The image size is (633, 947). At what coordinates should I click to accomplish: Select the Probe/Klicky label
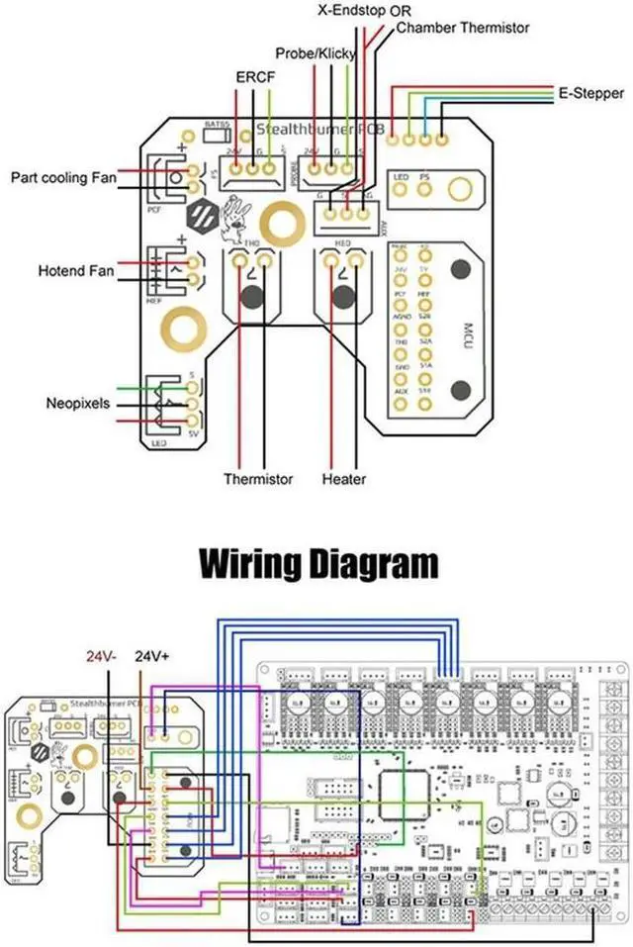314,52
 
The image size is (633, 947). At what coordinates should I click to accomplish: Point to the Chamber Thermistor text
463,28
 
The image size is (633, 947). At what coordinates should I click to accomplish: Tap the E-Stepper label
590,95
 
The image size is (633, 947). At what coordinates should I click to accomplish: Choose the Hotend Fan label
76,270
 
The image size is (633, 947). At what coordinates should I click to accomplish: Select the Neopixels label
78,404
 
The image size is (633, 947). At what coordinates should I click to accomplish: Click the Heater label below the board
344,479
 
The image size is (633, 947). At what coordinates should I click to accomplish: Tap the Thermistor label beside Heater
258,479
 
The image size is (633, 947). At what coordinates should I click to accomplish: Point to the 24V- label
101,656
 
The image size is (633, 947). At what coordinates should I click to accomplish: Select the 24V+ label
153,656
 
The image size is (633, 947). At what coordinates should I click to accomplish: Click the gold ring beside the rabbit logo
279,224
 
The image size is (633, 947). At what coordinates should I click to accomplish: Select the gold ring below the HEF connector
185,323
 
